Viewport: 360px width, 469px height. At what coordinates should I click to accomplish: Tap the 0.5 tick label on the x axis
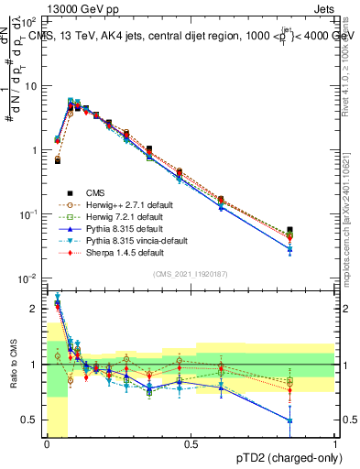point(191,444)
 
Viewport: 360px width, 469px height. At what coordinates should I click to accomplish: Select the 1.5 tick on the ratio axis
point(35,335)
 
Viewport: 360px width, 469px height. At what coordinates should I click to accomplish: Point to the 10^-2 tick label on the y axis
point(29,278)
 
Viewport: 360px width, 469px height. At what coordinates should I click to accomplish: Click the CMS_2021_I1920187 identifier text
point(190,274)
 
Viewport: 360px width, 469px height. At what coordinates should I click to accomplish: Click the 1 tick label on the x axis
point(335,444)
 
